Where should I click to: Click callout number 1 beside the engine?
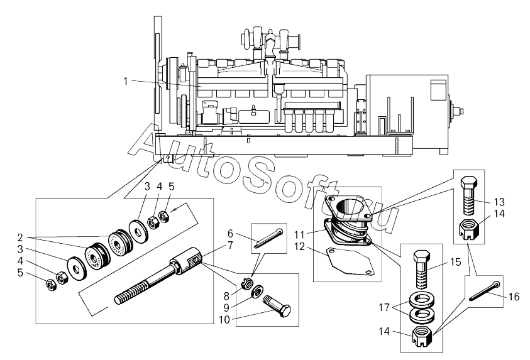click(x=125, y=82)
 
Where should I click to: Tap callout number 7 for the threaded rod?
click(x=230, y=246)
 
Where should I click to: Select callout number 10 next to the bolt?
click(x=224, y=320)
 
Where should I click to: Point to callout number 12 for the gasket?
click(x=299, y=247)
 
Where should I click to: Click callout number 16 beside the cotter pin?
click(x=514, y=297)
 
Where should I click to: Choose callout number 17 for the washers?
click(x=384, y=308)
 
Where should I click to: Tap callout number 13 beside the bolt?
click(x=499, y=202)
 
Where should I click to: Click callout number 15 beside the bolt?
click(x=456, y=262)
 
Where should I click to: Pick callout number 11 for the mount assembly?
click(x=299, y=234)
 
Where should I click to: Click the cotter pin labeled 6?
click(x=268, y=238)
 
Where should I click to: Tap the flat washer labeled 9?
click(x=259, y=292)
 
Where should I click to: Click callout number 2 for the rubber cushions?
click(x=20, y=237)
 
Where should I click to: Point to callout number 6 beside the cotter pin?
click(x=230, y=233)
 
